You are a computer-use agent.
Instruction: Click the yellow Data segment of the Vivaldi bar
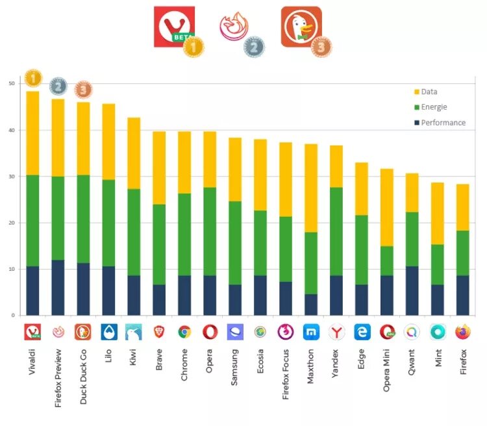tap(32, 133)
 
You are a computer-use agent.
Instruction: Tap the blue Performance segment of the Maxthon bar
tap(311, 305)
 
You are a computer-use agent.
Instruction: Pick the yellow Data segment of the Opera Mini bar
tap(387, 208)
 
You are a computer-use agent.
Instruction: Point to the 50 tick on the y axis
tap(12, 84)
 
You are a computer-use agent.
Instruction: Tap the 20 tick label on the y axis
tap(12, 223)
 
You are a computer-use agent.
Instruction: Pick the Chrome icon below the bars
tap(184, 332)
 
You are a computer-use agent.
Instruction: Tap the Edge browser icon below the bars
tap(362, 332)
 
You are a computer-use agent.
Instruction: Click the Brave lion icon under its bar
tap(159, 332)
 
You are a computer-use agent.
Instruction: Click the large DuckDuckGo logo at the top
tap(301, 27)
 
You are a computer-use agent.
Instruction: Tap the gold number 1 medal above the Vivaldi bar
tap(33, 79)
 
